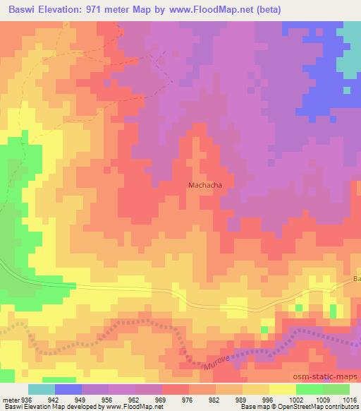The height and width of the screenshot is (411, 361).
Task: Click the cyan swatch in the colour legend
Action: [x=42, y=389]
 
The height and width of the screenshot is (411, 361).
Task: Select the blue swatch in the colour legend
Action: [x=68, y=389]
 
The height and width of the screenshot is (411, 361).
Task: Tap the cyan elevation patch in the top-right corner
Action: [x=350, y=49]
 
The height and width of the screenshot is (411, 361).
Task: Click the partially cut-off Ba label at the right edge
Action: [x=356, y=280]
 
